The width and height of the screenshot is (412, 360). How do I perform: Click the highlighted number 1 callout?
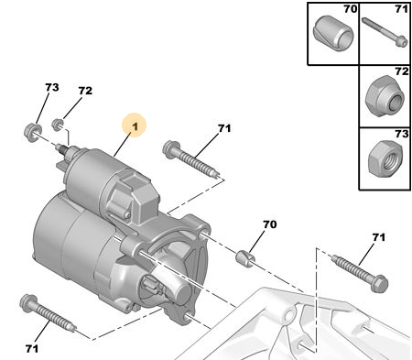135,125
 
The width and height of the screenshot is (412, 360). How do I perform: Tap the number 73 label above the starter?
52,87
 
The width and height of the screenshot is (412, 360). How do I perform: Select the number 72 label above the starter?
85,91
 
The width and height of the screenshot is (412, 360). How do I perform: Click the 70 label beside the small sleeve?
270,224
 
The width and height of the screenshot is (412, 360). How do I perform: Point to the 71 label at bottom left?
32,348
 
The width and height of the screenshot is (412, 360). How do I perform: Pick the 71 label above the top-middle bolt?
224,128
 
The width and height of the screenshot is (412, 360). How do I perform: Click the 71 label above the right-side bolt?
378,237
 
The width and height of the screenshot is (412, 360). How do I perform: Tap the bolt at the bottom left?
48,313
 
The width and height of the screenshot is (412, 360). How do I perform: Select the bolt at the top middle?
191,158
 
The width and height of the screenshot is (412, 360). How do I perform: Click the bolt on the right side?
360,273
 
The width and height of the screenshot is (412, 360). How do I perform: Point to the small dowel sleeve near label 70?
246,256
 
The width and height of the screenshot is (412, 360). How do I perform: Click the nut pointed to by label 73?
32,132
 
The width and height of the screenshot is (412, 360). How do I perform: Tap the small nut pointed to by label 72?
57,124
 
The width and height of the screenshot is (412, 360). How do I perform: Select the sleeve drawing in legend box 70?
333,33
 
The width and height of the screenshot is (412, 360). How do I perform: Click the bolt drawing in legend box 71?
385,32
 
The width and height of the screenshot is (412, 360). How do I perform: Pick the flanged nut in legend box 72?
385,96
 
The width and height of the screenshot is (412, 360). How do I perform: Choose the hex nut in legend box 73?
385,158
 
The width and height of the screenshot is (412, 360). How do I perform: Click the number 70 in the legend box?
351,9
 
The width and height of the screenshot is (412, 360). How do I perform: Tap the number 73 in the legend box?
402,134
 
